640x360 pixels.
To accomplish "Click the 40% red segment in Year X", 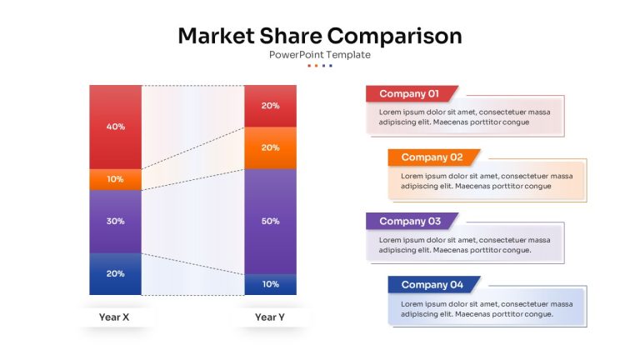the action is point(116,127).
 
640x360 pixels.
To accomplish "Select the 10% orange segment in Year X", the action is point(116,180).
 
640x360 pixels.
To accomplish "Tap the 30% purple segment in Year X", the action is point(116,222).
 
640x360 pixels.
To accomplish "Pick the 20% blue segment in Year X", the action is point(116,274).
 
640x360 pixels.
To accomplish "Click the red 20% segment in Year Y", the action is point(271,106).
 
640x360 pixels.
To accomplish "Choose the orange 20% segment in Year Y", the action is point(271,147).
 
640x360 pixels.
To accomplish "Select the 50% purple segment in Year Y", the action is point(271,221).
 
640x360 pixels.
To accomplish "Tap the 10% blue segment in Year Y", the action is point(271,284).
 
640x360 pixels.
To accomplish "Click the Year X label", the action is point(114,317).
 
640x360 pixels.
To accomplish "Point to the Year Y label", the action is point(270,317).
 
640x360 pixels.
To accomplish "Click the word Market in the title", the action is point(217,36).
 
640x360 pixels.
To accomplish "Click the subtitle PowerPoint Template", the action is point(320,55).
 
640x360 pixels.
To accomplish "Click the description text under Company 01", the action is point(464,117).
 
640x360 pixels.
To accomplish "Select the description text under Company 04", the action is point(487,309).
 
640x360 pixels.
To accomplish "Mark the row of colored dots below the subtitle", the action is point(320,65).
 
